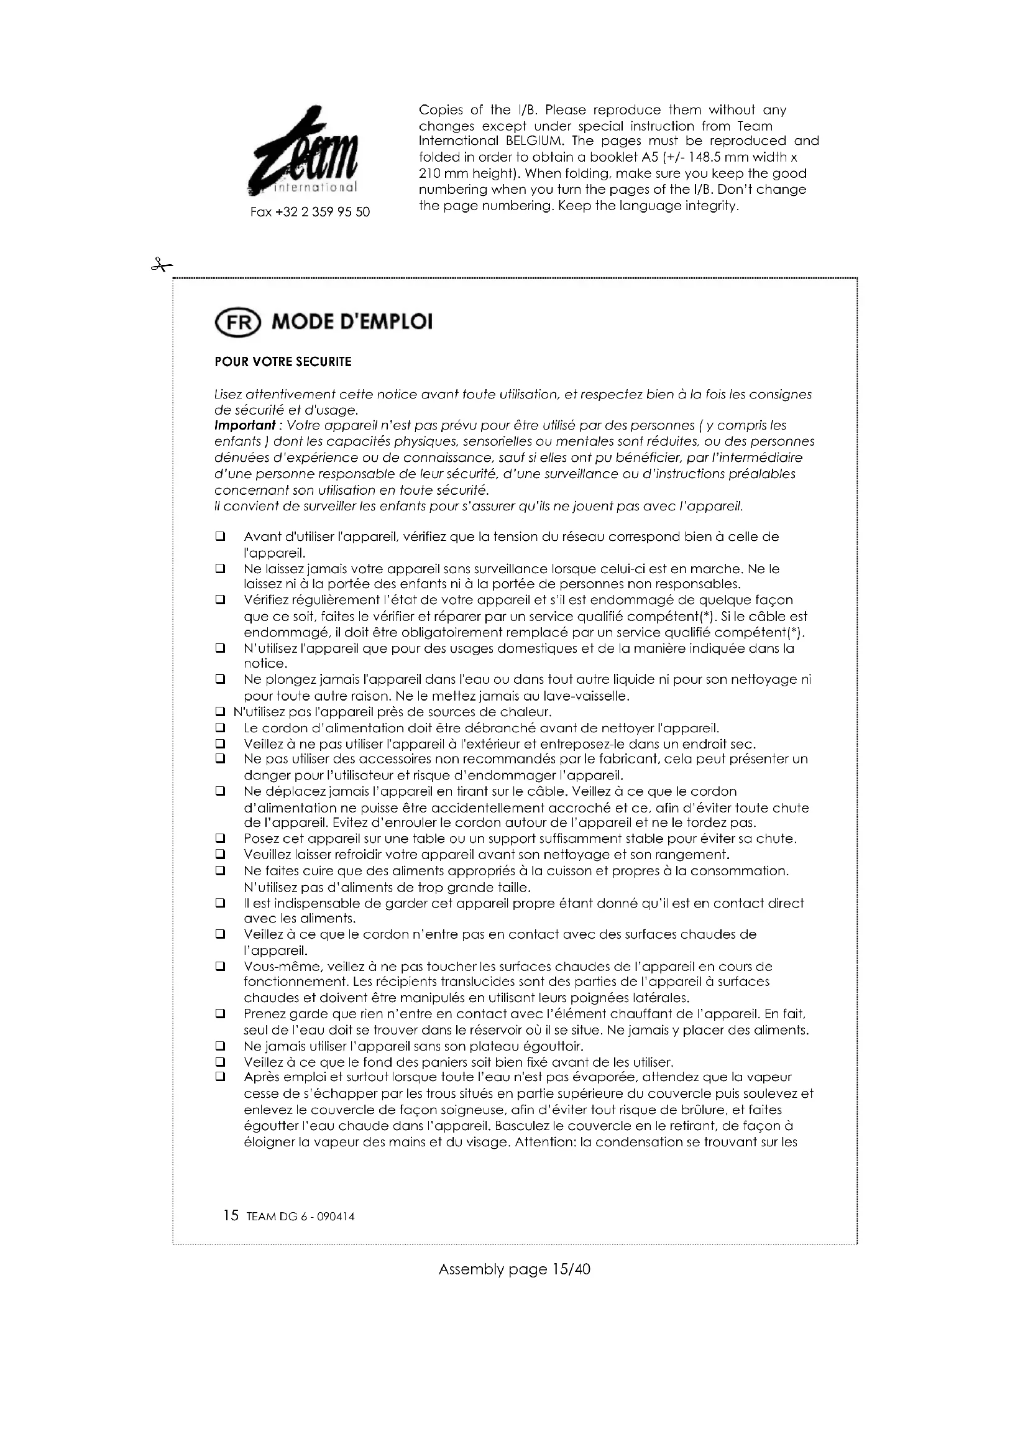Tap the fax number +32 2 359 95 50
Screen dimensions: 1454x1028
[310, 212]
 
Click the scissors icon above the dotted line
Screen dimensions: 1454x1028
[162, 265]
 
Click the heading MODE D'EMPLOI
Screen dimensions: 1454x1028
[352, 323]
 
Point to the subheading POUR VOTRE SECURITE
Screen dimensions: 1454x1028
[283, 362]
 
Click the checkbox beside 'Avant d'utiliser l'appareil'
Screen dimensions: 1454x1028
[220, 536]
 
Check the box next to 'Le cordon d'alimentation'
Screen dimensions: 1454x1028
[220, 729]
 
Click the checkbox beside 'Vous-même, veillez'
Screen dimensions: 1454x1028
[220, 967]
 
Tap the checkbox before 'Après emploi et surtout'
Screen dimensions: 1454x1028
[220, 1077]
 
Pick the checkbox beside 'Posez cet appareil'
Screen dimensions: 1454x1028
[220, 839]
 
